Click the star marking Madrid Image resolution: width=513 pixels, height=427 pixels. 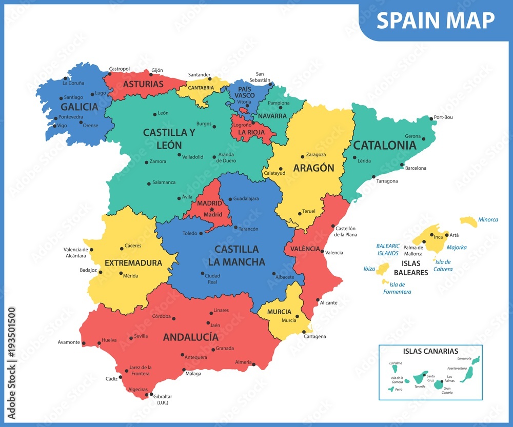click(211, 209)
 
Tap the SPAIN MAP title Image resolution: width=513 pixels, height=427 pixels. click(436, 20)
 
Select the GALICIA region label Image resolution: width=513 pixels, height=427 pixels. click(79, 107)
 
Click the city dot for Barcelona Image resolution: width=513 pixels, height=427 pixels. click(402, 165)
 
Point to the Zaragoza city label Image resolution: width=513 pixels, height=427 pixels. click(315, 154)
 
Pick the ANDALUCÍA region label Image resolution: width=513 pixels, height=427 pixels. click(190, 337)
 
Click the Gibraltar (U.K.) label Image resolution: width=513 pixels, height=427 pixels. click(162, 399)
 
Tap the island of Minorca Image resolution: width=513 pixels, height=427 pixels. click(468, 221)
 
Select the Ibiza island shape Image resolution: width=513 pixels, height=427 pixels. click(383, 269)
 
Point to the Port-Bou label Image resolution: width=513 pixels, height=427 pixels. click(443, 117)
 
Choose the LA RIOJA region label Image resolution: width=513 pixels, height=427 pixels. click(251, 132)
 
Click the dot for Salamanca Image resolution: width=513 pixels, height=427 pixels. click(149, 183)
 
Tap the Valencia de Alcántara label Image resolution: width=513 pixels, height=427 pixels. click(75, 252)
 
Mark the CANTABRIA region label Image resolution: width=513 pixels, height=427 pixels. click(201, 88)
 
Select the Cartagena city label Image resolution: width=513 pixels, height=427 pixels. click(314, 336)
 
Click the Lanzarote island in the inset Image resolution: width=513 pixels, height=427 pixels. click(476, 360)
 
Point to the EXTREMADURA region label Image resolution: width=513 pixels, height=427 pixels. click(133, 263)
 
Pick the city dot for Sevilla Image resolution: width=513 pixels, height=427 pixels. click(131, 338)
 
